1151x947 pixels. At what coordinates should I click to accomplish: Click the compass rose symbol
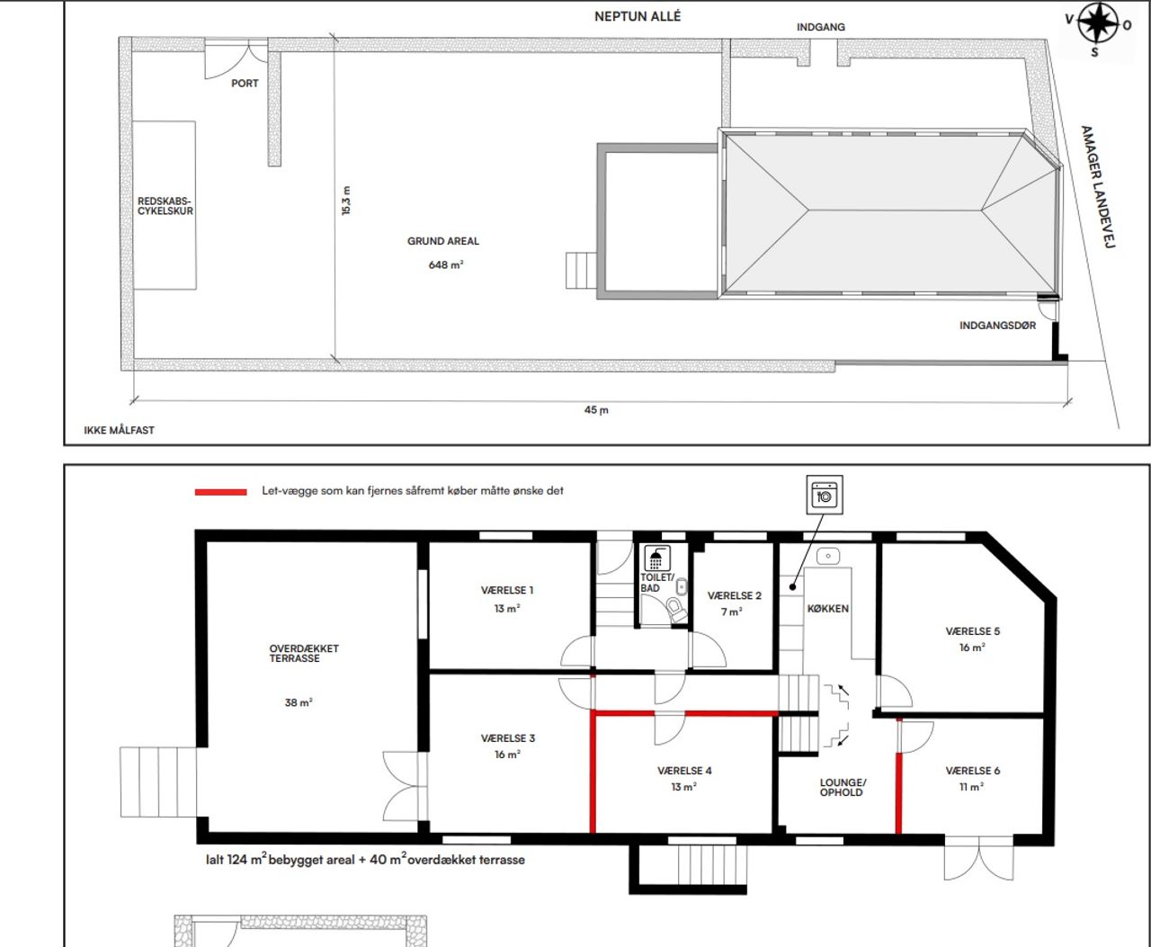tap(1098, 23)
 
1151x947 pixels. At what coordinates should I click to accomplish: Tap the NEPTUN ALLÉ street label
tap(638, 17)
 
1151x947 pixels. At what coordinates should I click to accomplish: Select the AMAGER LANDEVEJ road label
tap(1098, 187)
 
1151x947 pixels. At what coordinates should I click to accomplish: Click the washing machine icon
tap(825, 495)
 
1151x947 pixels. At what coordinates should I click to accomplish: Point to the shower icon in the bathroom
tap(657, 558)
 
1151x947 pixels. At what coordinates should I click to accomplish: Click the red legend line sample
tap(221, 492)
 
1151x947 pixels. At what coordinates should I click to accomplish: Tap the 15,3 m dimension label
tap(346, 201)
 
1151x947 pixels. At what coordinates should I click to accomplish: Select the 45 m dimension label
tap(596, 410)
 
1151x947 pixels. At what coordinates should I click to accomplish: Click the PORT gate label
tap(245, 84)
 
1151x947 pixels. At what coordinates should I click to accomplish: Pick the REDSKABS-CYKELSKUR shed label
tap(165, 206)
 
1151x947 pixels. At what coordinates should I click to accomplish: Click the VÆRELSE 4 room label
tap(684, 771)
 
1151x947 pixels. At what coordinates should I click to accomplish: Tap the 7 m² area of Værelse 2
tap(732, 612)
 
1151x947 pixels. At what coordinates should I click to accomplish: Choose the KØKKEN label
tap(828, 609)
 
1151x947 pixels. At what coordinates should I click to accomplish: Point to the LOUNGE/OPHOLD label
tap(843, 788)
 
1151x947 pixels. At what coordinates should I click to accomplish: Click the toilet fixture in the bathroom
tap(677, 611)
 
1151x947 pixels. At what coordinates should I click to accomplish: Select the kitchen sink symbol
tap(828, 557)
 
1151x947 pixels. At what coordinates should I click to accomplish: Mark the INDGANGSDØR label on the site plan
tap(997, 326)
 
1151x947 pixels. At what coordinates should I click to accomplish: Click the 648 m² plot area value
tap(446, 265)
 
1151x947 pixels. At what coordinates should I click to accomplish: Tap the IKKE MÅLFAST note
tap(119, 430)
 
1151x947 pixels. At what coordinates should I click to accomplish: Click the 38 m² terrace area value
tap(299, 703)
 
